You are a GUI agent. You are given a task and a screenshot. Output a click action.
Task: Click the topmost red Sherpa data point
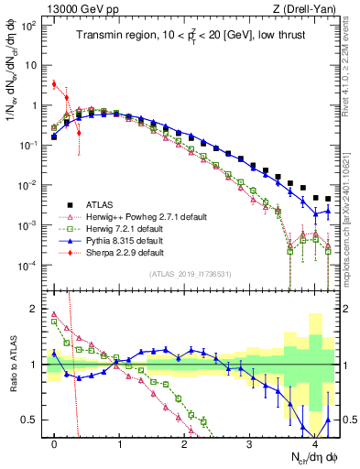(x=55, y=84)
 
